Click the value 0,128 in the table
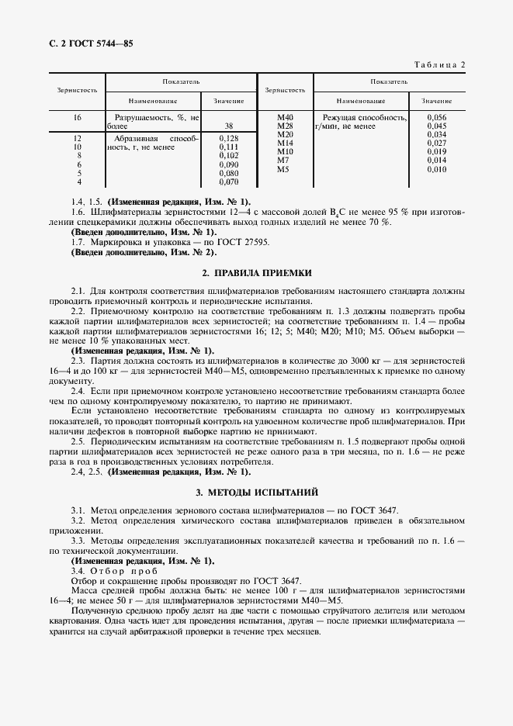coord(228,137)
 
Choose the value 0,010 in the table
coord(437,169)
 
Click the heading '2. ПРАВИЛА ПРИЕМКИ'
coord(256,273)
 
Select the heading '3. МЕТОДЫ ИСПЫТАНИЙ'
coord(256,493)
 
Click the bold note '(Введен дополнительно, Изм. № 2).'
coord(144,252)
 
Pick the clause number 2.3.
coord(77,361)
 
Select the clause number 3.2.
coord(77,520)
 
